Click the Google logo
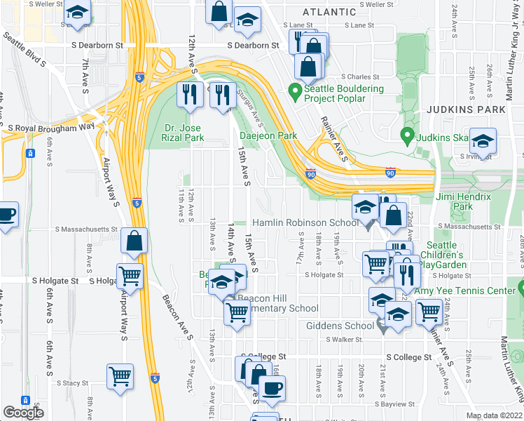[x=23, y=413]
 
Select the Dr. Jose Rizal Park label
[x=184, y=133]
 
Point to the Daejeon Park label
[x=268, y=135]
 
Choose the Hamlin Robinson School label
[x=305, y=222]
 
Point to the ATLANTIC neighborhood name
[x=329, y=12]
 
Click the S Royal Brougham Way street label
[x=50, y=127]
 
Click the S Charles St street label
[x=360, y=77]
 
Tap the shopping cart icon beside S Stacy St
[x=120, y=375]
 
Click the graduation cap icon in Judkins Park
[x=482, y=141]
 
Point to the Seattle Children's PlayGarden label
[x=446, y=255]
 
